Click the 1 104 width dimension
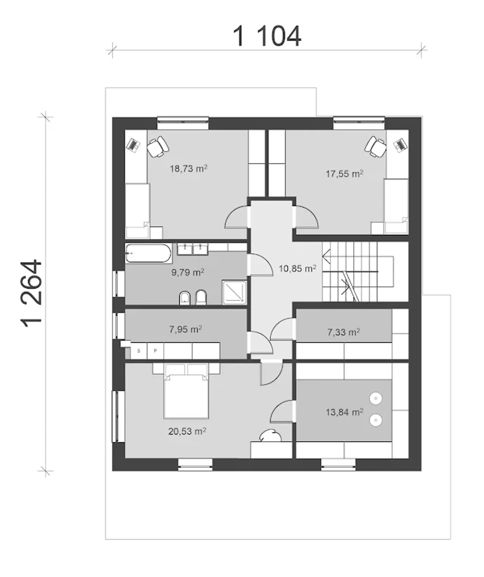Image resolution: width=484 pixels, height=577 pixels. click(x=267, y=36)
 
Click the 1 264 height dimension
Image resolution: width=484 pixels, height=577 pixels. click(x=32, y=293)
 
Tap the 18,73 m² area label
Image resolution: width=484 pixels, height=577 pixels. click(x=189, y=169)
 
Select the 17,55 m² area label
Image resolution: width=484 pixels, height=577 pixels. click(x=344, y=174)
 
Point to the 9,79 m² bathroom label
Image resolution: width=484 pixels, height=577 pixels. click(x=188, y=273)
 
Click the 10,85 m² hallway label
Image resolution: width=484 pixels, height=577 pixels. click(x=298, y=268)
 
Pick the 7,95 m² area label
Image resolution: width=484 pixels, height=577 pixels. click(x=186, y=329)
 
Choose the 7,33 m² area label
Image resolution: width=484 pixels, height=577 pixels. click(x=344, y=332)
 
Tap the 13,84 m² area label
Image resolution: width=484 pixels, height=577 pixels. click(x=344, y=412)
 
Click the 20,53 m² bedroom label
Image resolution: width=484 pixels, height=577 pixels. click(x=187, y=431)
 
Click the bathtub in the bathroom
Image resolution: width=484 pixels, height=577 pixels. click(x=149, y=253)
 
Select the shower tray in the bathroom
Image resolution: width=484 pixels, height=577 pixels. click(x=234, y=292)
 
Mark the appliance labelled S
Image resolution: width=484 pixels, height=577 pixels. click(x=139, y=351)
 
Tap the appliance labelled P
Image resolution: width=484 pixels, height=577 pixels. click(x=155, y=351)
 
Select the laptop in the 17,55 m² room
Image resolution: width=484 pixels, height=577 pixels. click(x=400, y=145)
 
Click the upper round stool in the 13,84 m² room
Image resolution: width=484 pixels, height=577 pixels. click(x=375, y=399)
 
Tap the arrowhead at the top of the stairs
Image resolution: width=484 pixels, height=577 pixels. click(x=326, y=257)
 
